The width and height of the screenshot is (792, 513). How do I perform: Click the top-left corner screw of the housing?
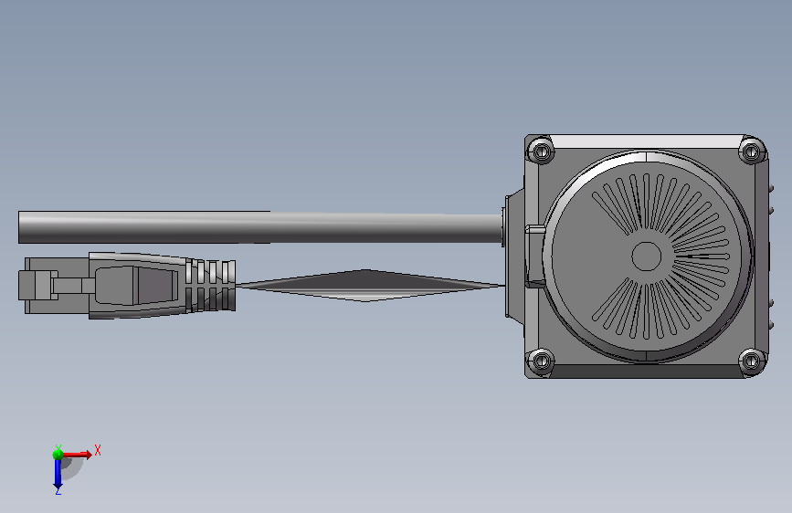point(541,150)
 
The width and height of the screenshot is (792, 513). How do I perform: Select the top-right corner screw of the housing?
point(752,150)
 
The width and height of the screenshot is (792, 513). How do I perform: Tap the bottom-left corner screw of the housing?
point(541,360)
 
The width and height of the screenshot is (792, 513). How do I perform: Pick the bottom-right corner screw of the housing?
point(752,361)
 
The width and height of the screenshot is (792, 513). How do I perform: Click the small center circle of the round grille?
point(647,256)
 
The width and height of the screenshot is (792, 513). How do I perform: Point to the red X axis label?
point(98,450)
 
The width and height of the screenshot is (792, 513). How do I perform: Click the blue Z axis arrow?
point(58,473)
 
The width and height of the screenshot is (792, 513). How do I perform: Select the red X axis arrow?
point(77,455)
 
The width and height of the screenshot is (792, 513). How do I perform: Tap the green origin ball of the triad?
point(58,455)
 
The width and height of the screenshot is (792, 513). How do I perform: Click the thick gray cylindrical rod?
point(260,227)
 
